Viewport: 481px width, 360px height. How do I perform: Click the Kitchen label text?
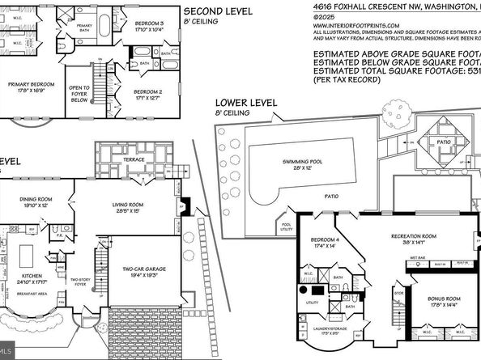tap(32, 277)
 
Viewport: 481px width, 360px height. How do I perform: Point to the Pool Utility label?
tap(285, 227)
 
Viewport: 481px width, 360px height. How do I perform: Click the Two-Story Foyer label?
tap(80, 284)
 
